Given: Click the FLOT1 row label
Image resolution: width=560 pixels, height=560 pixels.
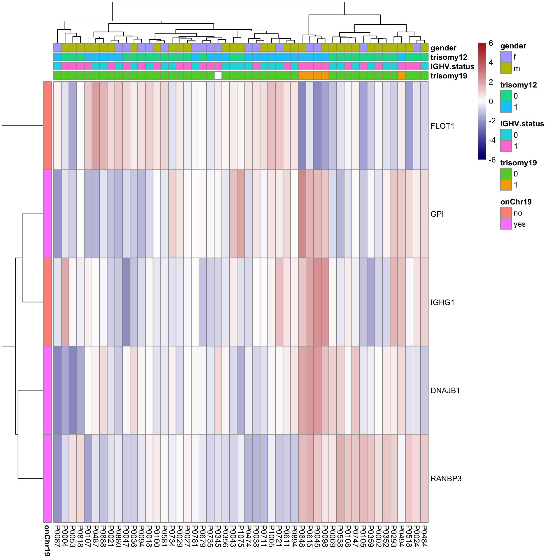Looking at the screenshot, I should [x=442, y=126].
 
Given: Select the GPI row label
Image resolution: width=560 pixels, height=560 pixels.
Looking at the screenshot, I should [x=437, y=214].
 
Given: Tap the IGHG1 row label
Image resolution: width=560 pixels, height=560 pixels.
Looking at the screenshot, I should [x=442, y=302].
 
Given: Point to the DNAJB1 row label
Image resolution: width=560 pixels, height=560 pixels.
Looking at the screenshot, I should [x=445, y=391].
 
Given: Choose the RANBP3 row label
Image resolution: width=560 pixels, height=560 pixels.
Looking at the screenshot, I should [x=446, y=479].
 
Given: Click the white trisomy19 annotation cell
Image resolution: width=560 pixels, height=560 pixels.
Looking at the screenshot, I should [x=218, y=76].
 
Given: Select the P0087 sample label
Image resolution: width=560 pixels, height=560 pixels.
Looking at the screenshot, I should [x=57, y=536].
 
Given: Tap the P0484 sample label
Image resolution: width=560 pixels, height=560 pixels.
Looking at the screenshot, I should [x=424, y=536].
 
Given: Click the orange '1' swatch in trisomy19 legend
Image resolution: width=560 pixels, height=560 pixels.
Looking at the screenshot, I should [x=506, y=185].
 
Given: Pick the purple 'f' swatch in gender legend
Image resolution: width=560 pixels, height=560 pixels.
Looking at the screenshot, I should [x=506, y=57].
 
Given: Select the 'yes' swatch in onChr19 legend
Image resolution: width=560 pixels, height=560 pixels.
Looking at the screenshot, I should [x=506, y=224].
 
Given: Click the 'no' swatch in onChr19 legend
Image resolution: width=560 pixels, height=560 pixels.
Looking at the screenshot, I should [x=506, y=213].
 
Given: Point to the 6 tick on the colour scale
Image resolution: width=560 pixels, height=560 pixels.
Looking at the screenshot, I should [x=491, y=43].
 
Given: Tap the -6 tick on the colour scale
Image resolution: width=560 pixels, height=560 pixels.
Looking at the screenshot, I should [x=492, y=160].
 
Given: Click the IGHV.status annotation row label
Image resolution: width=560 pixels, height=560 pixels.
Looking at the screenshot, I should [x=452, y=66].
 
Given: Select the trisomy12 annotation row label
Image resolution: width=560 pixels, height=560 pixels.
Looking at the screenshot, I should [x=449, y=57].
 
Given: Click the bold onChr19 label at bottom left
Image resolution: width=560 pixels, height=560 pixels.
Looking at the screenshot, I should [x=47, y=540].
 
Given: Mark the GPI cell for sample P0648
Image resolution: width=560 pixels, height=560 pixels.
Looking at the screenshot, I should [x=302, y=214].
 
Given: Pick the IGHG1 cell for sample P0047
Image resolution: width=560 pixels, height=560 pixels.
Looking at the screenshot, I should [x=126, y=302].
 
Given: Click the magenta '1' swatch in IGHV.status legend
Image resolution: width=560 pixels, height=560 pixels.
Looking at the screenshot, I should [x=506, y=146].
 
